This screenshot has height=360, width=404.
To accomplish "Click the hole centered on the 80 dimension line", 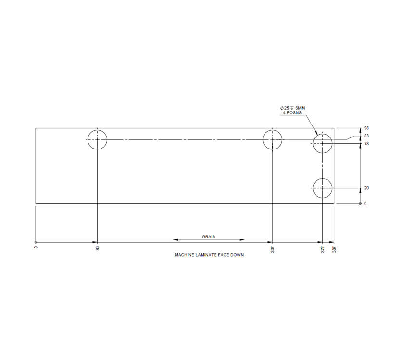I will point(97,139).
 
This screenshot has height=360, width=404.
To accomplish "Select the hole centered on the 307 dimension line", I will point(273,139).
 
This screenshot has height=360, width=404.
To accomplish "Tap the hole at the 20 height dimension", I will point(322,188).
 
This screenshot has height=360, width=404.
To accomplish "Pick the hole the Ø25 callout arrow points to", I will point(322,143).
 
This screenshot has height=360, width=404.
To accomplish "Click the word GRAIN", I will point(209,237).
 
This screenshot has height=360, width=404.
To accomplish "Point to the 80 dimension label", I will point(98,248).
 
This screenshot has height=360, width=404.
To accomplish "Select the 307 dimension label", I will point(273,249).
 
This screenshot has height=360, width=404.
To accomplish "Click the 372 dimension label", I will point(323,249).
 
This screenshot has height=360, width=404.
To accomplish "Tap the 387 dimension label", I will point(334,249).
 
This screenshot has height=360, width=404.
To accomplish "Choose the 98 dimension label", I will point(366,128).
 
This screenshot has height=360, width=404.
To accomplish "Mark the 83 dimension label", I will point(366,136).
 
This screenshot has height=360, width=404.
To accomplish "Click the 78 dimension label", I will point(366,144).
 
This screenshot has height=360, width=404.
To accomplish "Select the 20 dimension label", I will point(366,188).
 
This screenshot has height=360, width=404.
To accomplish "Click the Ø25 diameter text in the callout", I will point(285,108).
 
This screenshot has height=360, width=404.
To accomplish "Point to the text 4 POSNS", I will point(292,113).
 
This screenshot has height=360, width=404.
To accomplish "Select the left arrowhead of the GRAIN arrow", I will point(176,239).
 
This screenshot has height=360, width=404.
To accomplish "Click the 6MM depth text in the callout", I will point(300,108).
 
